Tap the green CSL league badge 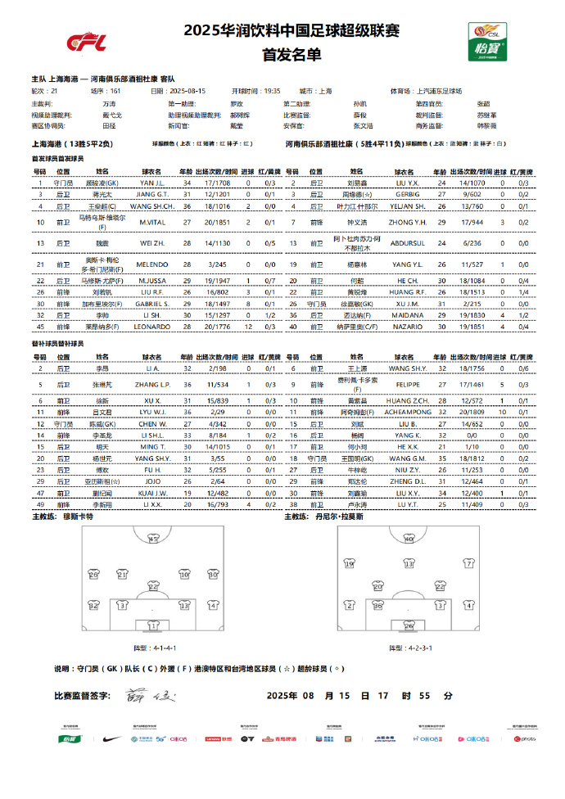[x=486, y=40]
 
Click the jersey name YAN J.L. [x=153, y=183]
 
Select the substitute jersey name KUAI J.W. [x=153, y=494]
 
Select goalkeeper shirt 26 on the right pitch [x=409, y=626]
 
